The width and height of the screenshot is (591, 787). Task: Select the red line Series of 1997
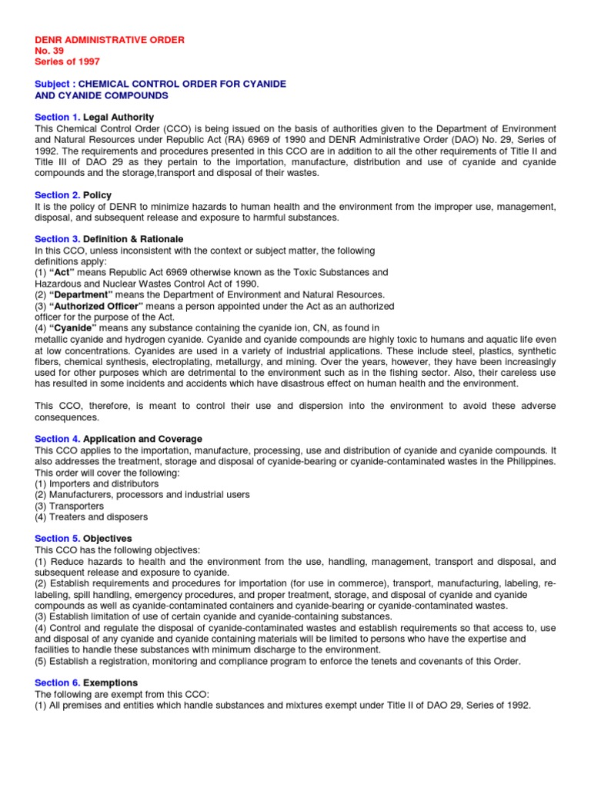(x=67, y=61)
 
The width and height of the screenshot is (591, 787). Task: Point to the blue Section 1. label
(x=58, y=117)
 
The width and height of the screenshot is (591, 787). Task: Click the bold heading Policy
(x=98, y=195)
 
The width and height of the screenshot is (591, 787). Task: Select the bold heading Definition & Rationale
(x=133, y=240)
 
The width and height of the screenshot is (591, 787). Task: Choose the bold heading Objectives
(x=107, y=539)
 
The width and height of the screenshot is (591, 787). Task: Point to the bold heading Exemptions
(x=110, y=682)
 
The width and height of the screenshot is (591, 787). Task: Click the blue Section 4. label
(x=58, y=439)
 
